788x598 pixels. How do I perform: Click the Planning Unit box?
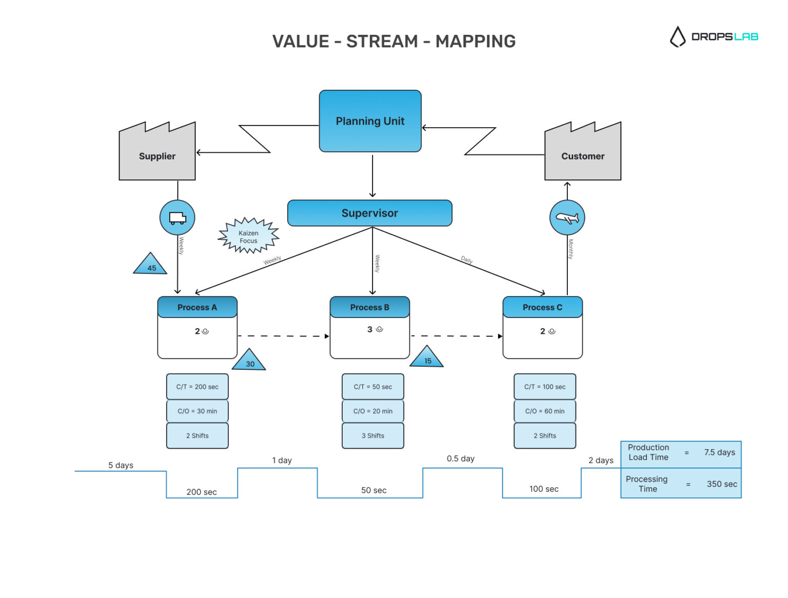pos(370,121)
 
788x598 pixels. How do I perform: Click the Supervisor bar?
pos(369,213)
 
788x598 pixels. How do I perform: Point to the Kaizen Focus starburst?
pos(248,236)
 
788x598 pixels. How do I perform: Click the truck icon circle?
pos(178,217)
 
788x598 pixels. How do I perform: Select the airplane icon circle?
pos(567,217)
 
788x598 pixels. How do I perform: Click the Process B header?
pos(369,307)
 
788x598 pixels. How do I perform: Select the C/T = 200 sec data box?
pos(197,387)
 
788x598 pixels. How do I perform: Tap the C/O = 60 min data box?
pos(544,411)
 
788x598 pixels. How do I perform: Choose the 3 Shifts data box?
pos(372,435)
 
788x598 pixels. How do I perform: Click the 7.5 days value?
pos(719,452)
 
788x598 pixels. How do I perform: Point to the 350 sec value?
pos(721,484)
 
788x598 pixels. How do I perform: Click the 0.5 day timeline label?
pos(460,459)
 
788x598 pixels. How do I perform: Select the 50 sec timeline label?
pos(373,490)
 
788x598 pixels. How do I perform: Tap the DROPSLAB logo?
pos(714,36)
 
